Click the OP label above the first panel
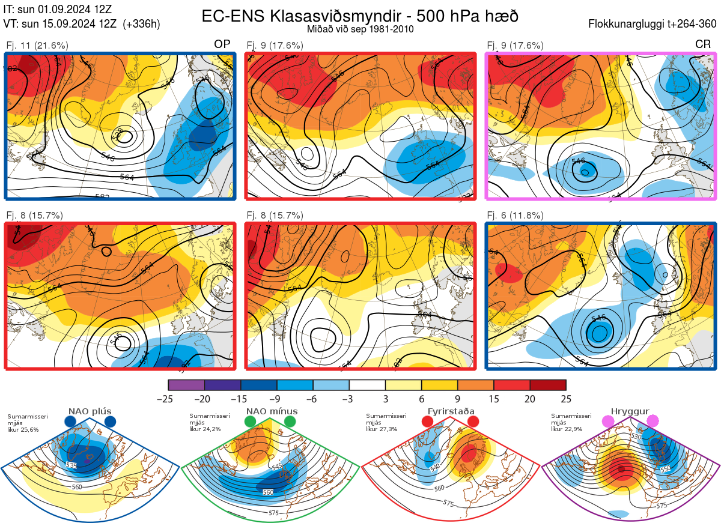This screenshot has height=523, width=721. point(223,44)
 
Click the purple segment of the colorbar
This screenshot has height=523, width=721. point(187,385)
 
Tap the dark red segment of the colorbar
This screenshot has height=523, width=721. point(548,385)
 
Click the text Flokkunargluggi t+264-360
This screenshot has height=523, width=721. point(654,24)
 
